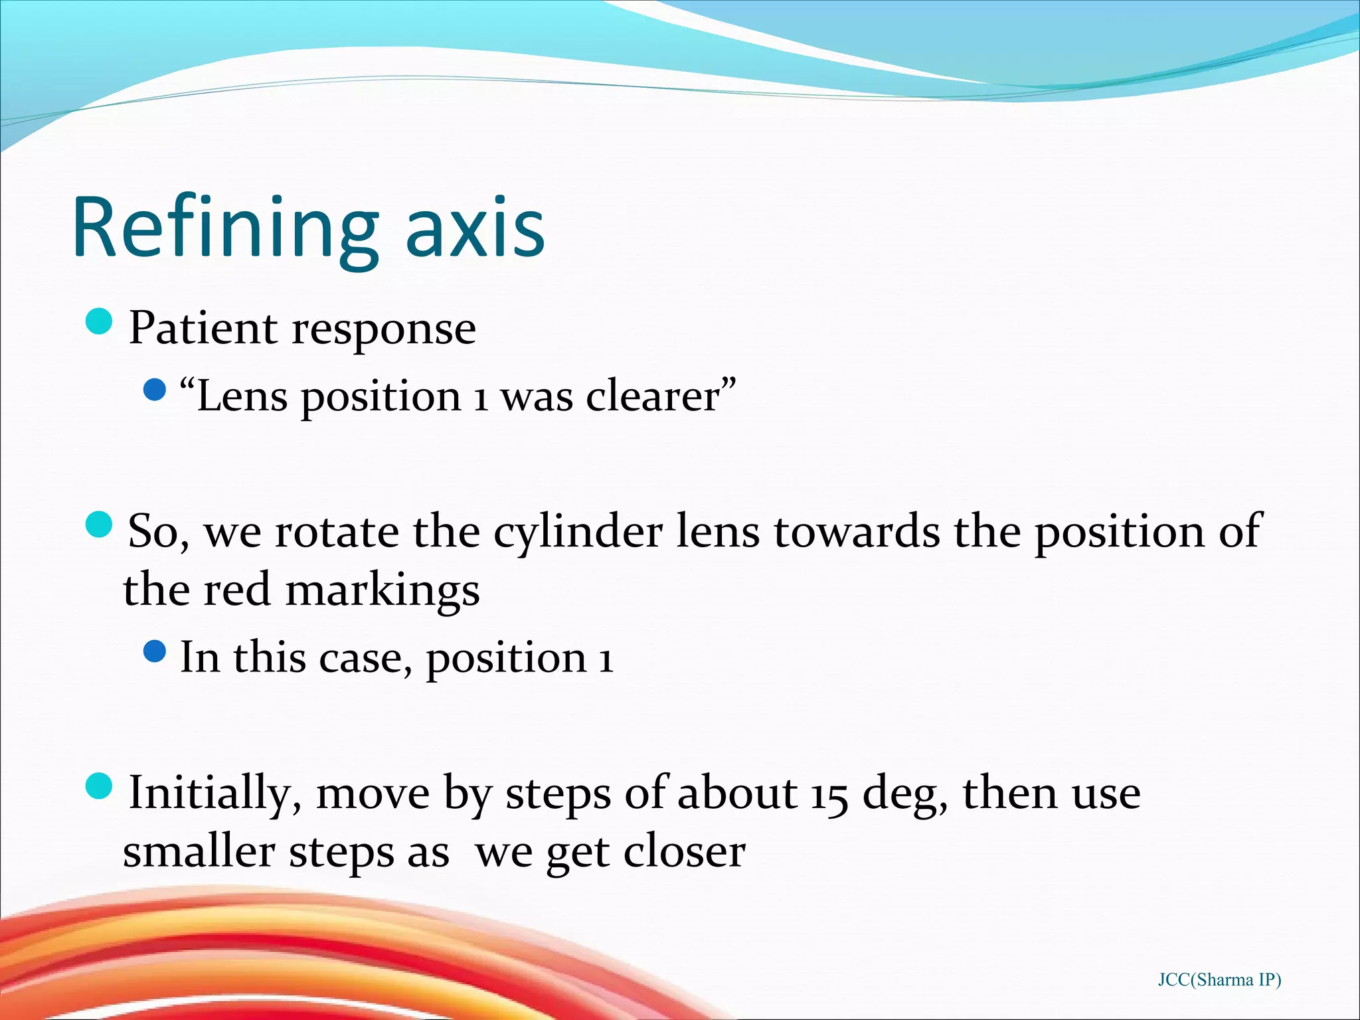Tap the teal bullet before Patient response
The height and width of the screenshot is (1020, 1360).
click(x=100, y=322)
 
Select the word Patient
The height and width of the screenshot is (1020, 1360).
click(x=203, y=328)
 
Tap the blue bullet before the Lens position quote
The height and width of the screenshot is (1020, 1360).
click(x=154, y=390)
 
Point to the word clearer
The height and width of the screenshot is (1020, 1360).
click(x=653, y=397)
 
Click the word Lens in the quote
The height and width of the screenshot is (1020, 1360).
click(x=242, y=397)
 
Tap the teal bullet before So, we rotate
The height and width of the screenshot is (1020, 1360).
click(x=100, y=525)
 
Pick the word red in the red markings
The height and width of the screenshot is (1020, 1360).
click(x=236, y=590)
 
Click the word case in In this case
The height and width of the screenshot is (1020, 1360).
click(x=361, y=658)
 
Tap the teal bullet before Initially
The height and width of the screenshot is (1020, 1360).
click(x=100, y=786)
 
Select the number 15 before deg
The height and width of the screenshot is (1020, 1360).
click(x=829, y=794)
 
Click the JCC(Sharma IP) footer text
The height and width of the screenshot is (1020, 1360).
click(x=1219, y=980)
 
